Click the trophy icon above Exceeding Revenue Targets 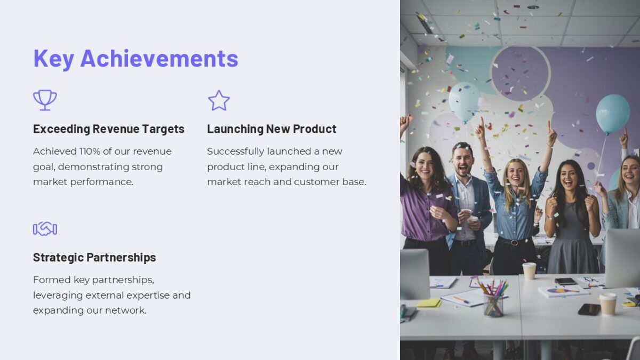coord(45,100)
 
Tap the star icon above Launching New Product coord(219,100)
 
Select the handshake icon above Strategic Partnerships coord(45,229)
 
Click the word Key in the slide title coord(53,58)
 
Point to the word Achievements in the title coord(159,58)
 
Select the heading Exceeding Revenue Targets coord(109,129)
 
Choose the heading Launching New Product coord(271,129)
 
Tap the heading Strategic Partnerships coord(94,258)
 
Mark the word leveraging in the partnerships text coord(58,295)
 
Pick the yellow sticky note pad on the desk coord(429,303)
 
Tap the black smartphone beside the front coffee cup coord(589,309)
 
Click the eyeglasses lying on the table coord(590,280)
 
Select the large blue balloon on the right coord(612,114)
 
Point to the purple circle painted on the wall coord(519,73)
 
